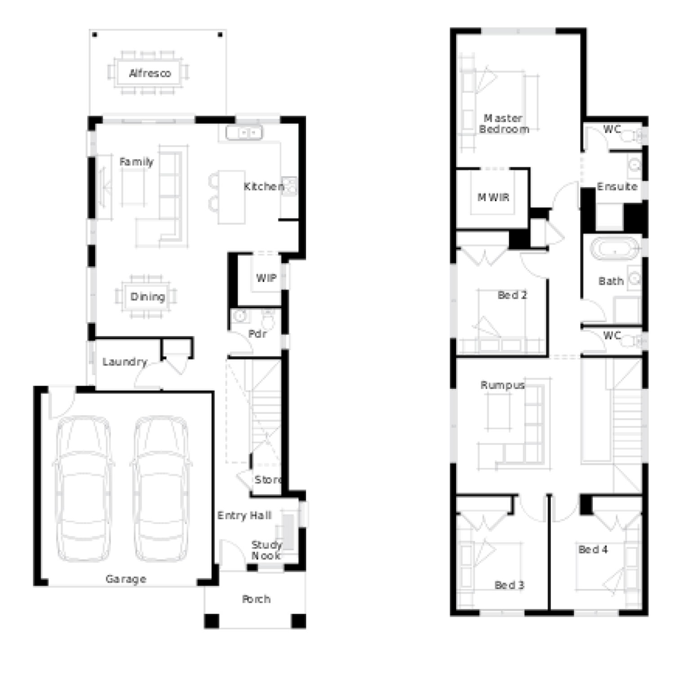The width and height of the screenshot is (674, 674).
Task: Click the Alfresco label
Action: (x=150, y=73)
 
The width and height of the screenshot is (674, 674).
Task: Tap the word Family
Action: (x=137, y=162)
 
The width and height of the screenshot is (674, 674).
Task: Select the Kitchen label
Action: (x=264, y=186)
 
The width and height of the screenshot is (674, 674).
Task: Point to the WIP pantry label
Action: (x=266, y=278)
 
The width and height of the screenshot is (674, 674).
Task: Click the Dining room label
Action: (x=148, y=297)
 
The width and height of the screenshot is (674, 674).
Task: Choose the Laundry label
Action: (x=125, y=362)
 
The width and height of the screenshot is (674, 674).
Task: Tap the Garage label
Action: (x=126, y=579)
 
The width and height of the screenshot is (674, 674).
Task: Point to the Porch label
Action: (x=256, y=599)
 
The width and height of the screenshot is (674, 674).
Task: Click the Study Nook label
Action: (x=266, y=550)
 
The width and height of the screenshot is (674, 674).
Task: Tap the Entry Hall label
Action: (x=244, y=515)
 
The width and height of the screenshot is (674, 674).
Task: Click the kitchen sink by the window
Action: (x=244, y=133)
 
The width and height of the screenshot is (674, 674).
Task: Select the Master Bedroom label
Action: (x=504, y=124)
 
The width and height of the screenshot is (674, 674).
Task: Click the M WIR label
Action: (x=493, y=197)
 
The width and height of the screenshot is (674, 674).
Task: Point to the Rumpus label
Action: (x=502, y=386)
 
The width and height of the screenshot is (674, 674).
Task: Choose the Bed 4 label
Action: (x=593, y=550)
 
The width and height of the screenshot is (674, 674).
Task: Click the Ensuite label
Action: (x=617, y=186)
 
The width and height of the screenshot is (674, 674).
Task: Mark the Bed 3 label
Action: (x=509, y=585)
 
